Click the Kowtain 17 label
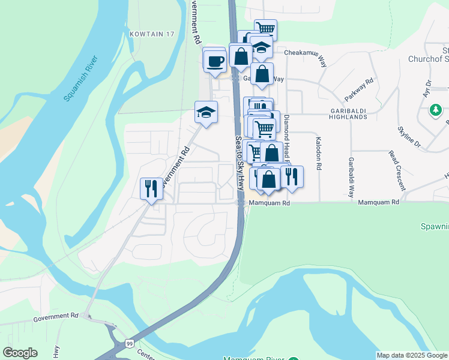151,34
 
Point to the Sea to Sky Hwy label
239,163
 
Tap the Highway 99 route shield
129,343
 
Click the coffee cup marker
215,61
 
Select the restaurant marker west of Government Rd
150,188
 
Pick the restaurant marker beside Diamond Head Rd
292,176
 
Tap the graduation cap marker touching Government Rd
206,112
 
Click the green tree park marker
435,111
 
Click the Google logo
20,353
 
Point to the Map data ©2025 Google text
412,355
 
